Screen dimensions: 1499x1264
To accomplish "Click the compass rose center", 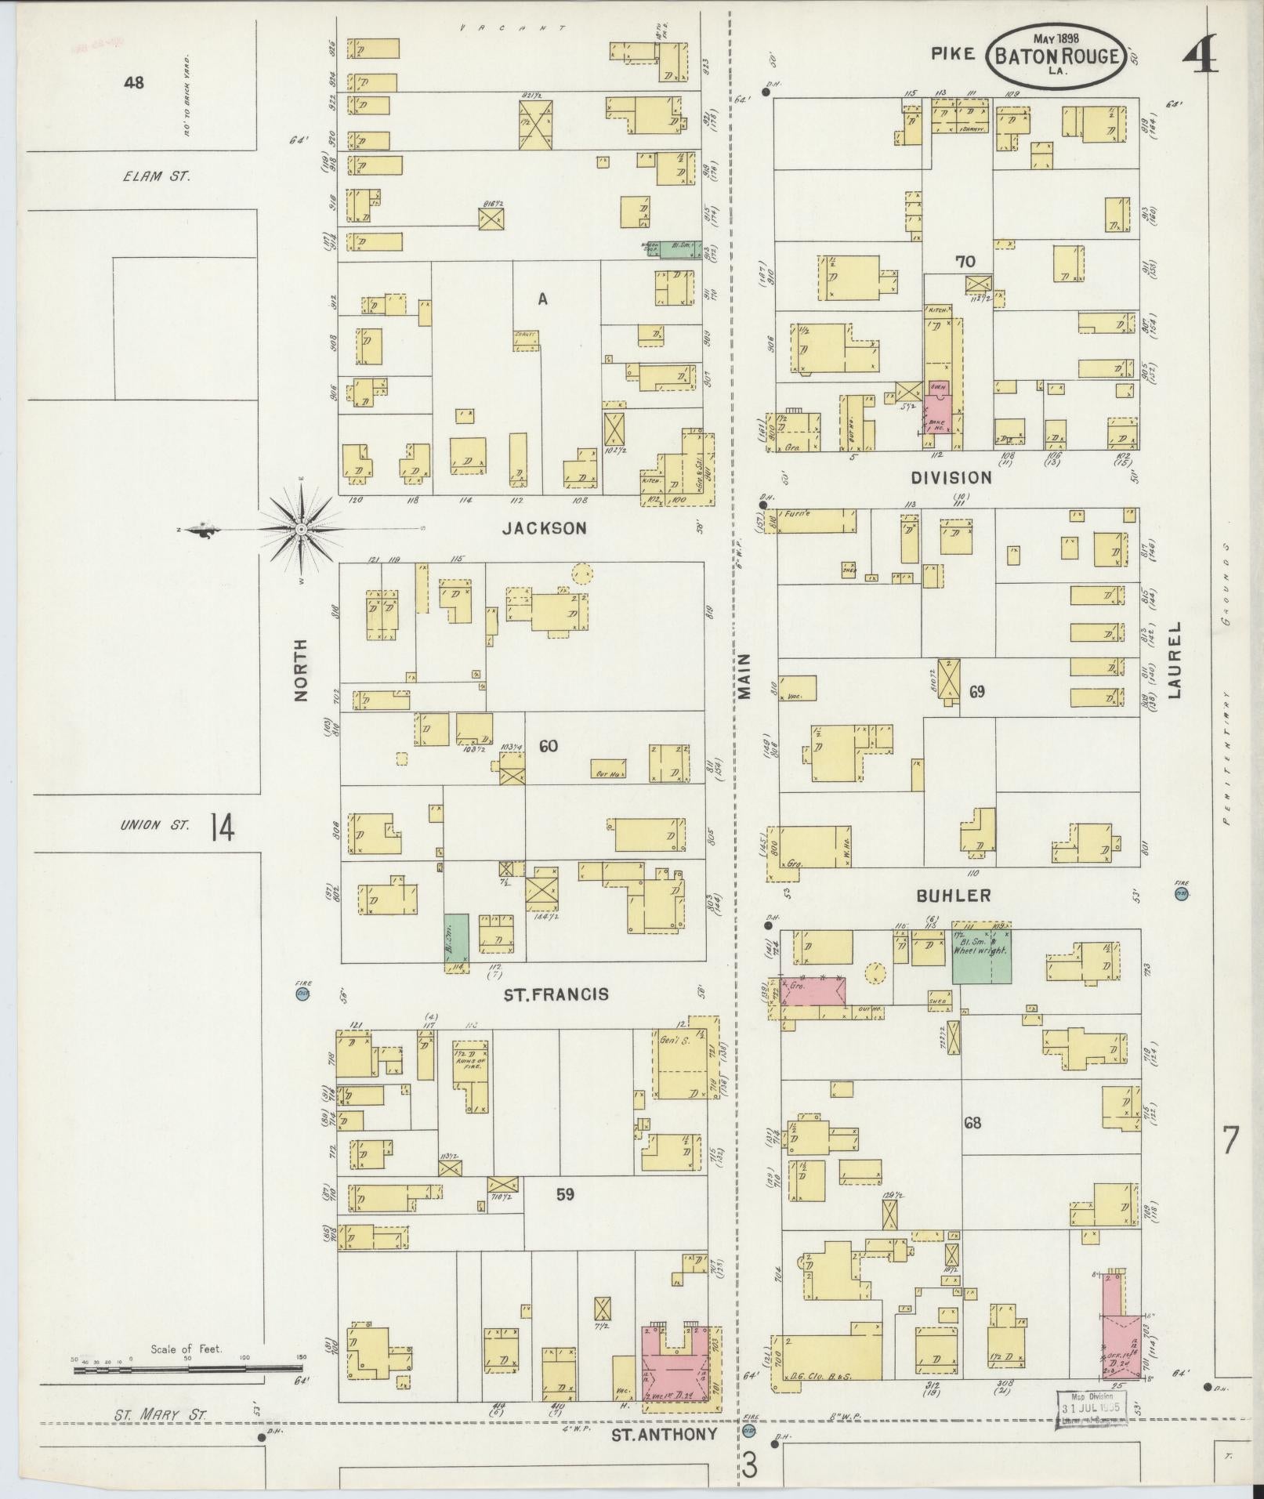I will click(x=302, y=530).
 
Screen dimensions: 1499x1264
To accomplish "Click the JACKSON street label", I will click(x=544, y=529).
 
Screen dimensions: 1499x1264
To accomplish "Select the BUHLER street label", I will click(x=953, y=896).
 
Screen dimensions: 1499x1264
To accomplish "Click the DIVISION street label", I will click(x=951, y=477).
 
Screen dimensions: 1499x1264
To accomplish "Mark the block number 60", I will click(x=548, y=746).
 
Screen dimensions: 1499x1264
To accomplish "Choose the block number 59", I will click(x=565, y=1216).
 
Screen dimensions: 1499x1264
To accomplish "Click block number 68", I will click(x=972, y=1123).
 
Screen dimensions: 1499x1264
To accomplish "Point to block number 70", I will click(x=965, y=262).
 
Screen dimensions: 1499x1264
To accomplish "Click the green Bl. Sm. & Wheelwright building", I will click(x=981, y=956).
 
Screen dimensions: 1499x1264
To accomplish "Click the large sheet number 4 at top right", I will click(x=1198, y=56).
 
